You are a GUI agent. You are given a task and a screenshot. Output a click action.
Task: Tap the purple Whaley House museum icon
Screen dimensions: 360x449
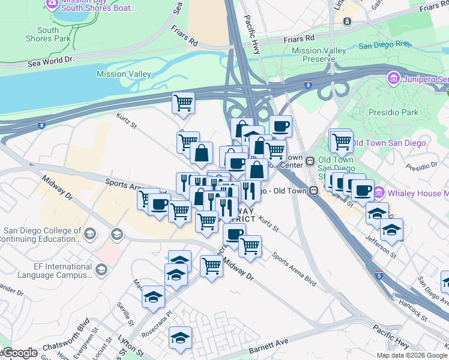point(379,193)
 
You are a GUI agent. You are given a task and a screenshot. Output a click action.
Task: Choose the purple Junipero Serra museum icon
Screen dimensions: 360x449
point(393,79)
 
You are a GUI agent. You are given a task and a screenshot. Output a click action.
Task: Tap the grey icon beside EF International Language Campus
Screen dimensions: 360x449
point(101,271)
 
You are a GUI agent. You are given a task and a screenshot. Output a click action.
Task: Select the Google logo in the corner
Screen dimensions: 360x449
point(19,353)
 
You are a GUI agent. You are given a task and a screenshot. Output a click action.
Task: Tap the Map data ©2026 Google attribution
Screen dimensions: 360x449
point(412,355)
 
